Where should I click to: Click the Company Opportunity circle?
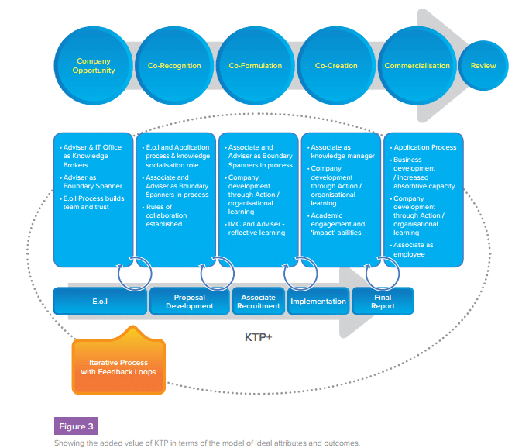coord(94,66)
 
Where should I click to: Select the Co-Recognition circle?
coord(174,66)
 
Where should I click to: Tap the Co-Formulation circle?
coord(256,66)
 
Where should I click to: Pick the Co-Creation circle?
coord(336,66)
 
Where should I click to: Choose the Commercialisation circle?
coord(417,66)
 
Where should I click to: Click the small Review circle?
coord(483,66)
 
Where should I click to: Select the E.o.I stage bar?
coord(99,301)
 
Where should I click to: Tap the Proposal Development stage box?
coord(189,301)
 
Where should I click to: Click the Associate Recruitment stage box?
coord(259,301)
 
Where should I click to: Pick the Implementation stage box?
coord(318,301)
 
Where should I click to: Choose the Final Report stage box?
coord(383,301)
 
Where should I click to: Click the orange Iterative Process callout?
coord(118,367)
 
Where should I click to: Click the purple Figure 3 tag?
coord(76,426)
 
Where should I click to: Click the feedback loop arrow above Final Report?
coord(377,277)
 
